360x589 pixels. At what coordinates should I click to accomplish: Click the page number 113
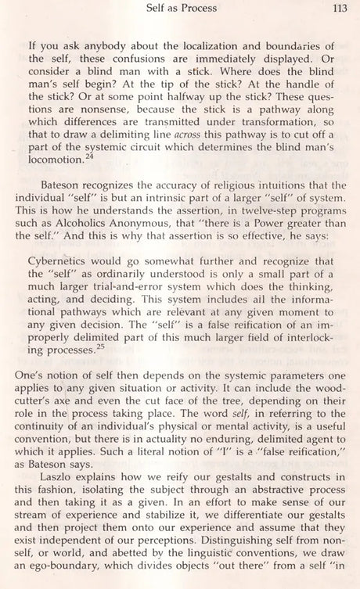338,10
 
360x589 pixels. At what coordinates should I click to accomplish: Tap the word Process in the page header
206,10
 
